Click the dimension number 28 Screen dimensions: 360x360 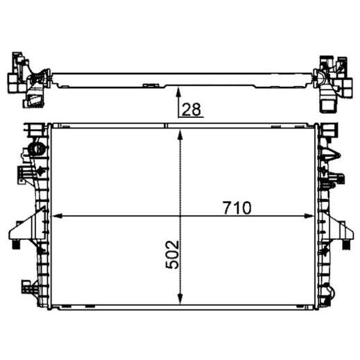tap(191, 110)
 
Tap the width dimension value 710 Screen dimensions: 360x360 tap(237, 208)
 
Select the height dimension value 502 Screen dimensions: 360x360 tap(173, 255)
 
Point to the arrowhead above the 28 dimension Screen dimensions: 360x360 tap(178, 92)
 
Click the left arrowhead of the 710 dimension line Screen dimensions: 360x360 tap(57, 216)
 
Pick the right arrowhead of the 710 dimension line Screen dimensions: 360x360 tap(309, 216)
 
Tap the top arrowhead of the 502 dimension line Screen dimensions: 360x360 tap(180, 135)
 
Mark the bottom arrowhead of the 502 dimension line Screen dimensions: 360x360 tap(180, 298)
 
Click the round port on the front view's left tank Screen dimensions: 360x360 tap(36, 149)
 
